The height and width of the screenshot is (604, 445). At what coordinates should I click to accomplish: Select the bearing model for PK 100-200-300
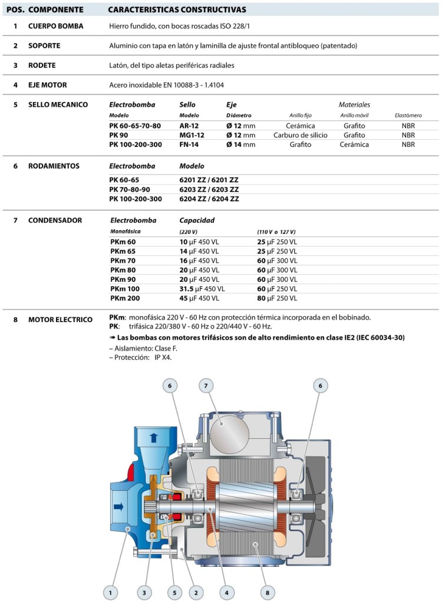[209, 199]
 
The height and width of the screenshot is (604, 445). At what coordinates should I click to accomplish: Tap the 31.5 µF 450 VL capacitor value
[202, 289]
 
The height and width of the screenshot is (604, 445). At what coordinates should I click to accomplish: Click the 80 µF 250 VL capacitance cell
[277, 298]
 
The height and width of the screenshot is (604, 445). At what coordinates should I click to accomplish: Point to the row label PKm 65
[123, 251]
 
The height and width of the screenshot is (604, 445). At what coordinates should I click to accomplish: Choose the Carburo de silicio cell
[300, 135]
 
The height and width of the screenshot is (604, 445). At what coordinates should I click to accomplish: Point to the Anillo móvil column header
[354, 116]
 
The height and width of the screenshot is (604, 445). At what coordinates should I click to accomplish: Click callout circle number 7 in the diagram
[205, 386]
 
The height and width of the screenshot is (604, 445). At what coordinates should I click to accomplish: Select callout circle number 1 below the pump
[109, 591]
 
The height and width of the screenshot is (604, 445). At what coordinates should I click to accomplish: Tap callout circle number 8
[268, 591]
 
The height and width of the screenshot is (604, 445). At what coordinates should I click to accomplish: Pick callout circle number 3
[144, 591]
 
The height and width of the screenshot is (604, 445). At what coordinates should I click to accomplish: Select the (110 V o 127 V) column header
[276, 232]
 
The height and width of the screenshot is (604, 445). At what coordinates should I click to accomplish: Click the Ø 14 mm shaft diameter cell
[240, 145]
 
